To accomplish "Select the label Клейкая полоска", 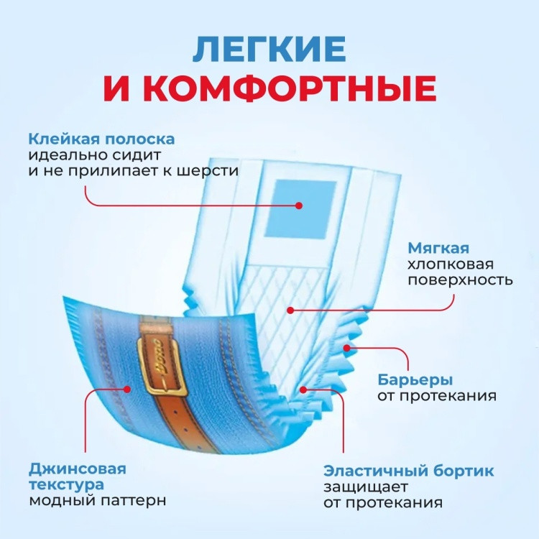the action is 101,139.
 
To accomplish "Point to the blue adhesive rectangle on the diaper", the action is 300,209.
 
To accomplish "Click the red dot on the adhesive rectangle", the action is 299,206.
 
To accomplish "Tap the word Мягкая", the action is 438,248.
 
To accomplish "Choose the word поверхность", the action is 460,280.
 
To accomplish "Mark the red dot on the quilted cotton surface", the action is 290,310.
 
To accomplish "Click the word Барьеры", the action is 415,380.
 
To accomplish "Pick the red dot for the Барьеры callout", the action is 347,348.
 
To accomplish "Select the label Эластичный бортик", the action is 408,471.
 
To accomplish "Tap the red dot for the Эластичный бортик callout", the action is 303,390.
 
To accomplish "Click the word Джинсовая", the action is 78,469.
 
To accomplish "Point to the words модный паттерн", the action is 98,500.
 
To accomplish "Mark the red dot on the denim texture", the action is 127,389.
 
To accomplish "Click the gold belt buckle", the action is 162,366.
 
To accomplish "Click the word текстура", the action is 66,485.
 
